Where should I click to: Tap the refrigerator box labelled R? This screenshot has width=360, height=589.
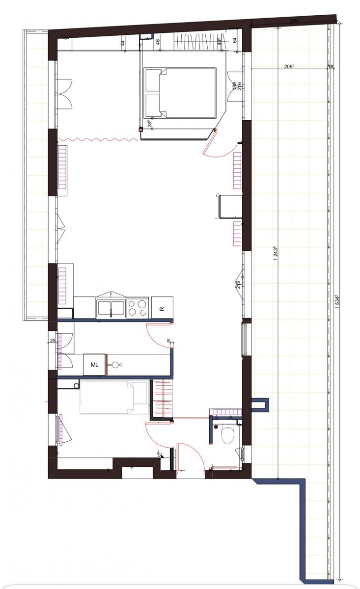tap(162, 308)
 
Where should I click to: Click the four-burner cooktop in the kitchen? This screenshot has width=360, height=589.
tap(138, 307)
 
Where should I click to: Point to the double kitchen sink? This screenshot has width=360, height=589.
tap(111, 307)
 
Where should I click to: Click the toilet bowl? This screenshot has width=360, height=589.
tap(228, 435)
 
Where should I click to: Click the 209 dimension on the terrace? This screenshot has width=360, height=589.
tap(289, 67)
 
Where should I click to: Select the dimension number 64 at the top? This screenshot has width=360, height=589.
tap(235, 41)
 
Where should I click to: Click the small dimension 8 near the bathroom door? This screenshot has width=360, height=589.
tap(168, 340)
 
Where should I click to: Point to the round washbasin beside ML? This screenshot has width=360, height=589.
tap(117, 365)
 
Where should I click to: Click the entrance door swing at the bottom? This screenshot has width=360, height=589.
tap(189, 454)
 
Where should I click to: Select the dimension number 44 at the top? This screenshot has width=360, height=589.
tap(122, 43)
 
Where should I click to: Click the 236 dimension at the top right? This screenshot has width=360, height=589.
tap(294, 21)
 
